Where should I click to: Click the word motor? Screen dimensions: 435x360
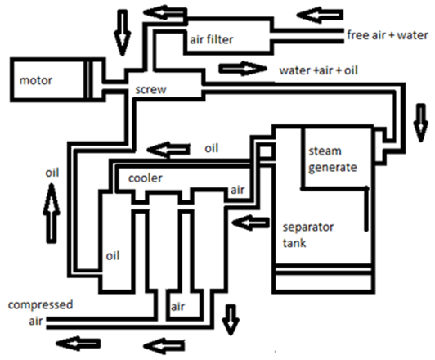pyautogui.click(x=36, y=80)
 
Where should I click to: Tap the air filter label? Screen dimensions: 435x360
pyautogui.click(x=212, y=40)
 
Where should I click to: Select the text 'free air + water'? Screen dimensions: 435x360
pyautogui.click(x=388, y=35)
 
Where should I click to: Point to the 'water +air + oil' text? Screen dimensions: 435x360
pyautogui.click(x=319, y=70)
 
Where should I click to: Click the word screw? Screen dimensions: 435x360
pyautogui.click(x=151, y=90)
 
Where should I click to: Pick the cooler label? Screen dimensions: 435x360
pyautogui.click(x=145, y=178)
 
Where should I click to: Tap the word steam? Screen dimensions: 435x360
pyautogui.click(x=325, y=151)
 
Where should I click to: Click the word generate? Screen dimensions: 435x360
pyautogui.click(x=333, y=168)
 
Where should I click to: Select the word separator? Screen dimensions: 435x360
pyautogui.click(x=308, y=227)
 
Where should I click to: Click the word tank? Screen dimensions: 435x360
pyautogui.click(x=294, y=243)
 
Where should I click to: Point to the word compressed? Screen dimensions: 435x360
pyautogui.click(x=41, y=305)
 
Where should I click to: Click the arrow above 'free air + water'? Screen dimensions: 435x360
pyautogui.click(x=320, y=15)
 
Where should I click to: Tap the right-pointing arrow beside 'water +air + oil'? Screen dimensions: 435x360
pyautogui.click(x=243, y=68)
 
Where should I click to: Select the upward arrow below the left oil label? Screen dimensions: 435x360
pyautogui.click(x=52, y=214)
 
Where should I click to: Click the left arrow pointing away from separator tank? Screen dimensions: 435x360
pyautogui.click(x=250, y=223)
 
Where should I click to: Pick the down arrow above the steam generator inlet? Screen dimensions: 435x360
pyautogui.click(x=421, y=123)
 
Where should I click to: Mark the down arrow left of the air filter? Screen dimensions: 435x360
pyautogui.click(x=122, y=33)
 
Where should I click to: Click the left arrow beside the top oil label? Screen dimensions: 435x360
pyautogui.click(x=168, y=151)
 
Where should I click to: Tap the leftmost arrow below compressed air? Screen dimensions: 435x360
pyautogui.click(x=78, y=344)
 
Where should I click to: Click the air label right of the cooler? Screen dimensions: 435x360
pyautogui.click(x=237, y=190)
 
